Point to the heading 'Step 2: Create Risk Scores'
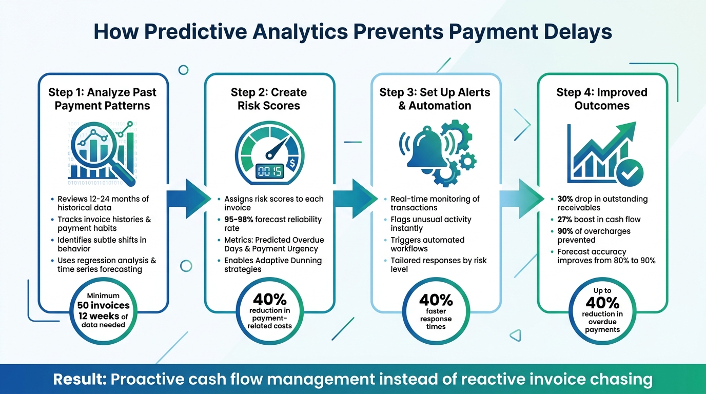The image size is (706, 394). pyautogui.click(x=269, y=99)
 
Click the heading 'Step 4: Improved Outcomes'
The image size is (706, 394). pyautogui.click(x=602, y=99)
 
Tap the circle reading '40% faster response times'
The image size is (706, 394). pyautogui.click(x=436, y=311)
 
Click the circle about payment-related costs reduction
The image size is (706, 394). pyautogui.click(x=269, y=311)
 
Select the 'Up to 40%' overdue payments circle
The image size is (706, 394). pyautogui.click(x=602, y=311)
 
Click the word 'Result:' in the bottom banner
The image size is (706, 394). pyautogui.click(x=80, y=380)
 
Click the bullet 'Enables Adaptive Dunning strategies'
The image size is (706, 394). pyautogui.click(x=272, y=265)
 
